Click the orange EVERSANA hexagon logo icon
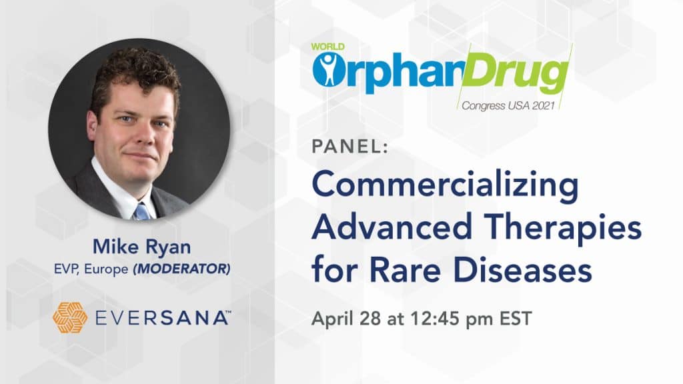pos(69,317)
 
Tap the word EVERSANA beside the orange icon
pos(161,318)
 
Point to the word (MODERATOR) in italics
pos(181,269)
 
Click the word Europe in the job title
pos(106,269)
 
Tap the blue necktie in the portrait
pos(143,211)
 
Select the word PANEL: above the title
pos(350,146)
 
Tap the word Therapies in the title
pos(563,229)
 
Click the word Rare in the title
pos(406,271)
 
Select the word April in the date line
pos(332,319)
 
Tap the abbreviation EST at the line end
pos(516,318)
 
